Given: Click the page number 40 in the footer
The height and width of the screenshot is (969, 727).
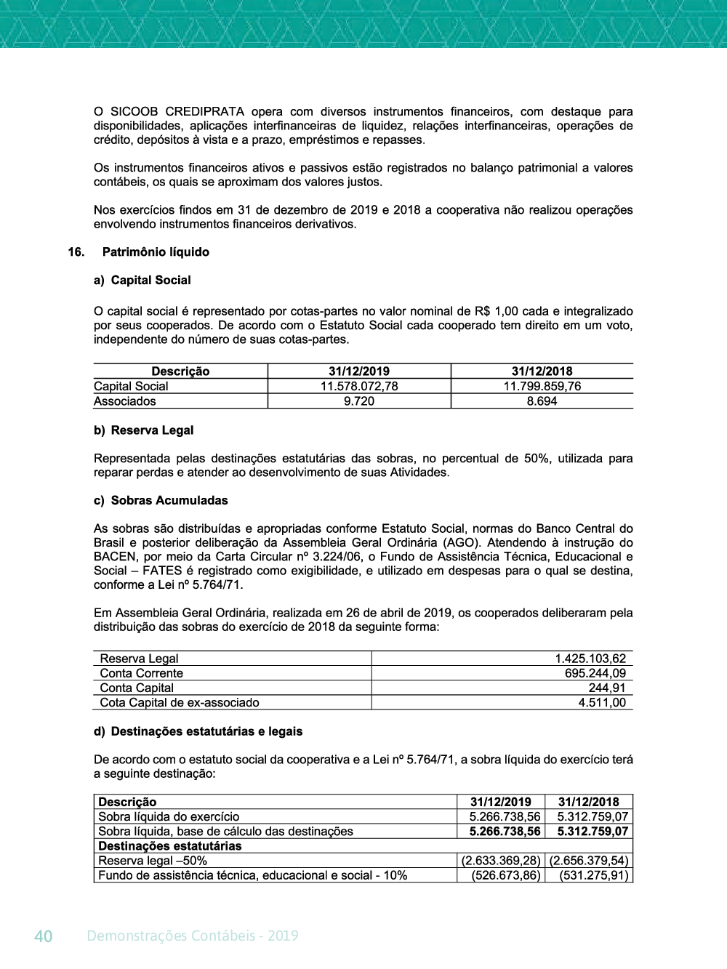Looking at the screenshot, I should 44,936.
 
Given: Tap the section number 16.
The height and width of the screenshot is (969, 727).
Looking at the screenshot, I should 76,252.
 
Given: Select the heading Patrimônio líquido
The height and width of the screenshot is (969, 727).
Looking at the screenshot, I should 156,252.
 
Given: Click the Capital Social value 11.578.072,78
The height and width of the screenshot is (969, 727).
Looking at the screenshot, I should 359,386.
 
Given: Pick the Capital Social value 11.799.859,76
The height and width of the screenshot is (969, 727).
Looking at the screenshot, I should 542,386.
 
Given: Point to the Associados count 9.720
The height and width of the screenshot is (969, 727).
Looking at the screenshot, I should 359,401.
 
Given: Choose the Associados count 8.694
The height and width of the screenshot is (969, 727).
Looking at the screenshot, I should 542,401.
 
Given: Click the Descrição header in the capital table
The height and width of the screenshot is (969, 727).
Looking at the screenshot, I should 180,371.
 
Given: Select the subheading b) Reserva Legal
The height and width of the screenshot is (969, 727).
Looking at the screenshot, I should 144,430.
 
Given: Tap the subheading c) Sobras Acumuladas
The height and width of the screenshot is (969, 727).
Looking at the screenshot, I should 161,500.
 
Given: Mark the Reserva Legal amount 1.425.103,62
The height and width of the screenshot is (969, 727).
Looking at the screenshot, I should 590,659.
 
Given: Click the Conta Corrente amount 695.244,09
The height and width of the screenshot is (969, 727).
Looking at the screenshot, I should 595,673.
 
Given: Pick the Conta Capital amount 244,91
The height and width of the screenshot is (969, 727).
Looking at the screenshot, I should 607,688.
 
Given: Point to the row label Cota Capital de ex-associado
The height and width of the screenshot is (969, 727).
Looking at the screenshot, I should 180,702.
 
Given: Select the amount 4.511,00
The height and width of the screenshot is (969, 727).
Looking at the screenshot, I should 602,702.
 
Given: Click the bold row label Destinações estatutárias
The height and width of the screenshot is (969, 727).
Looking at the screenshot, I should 170,846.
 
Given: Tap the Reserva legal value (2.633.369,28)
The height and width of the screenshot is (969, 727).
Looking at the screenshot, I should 501,861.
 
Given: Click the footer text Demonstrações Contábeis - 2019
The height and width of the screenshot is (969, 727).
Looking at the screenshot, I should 193,936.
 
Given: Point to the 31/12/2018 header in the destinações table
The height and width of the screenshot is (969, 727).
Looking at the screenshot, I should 589,802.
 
